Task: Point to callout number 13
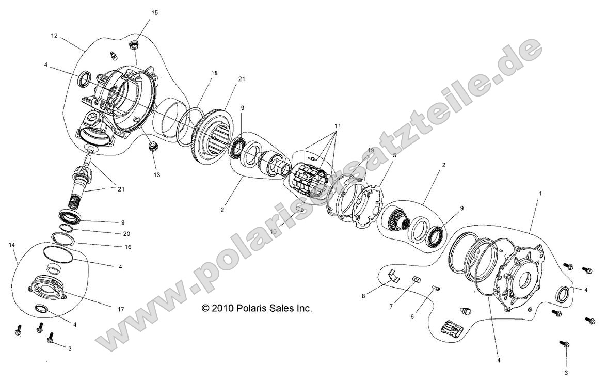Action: point(156,175)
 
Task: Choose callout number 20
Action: point(127,233)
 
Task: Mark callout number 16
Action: point(127,247)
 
